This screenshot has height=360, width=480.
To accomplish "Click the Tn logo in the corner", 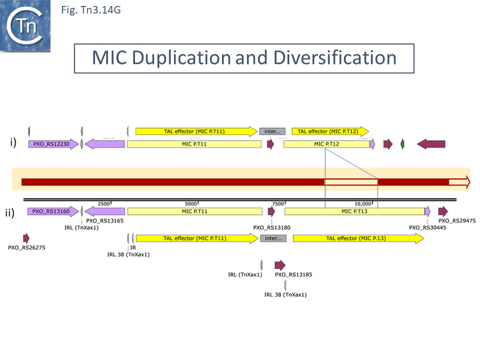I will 25,25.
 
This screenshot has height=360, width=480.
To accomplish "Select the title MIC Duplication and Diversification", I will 244,58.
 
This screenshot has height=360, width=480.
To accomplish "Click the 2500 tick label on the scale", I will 104,203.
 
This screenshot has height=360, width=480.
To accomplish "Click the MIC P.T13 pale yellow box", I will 354,211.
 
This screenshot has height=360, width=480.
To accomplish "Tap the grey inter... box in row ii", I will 272,238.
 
